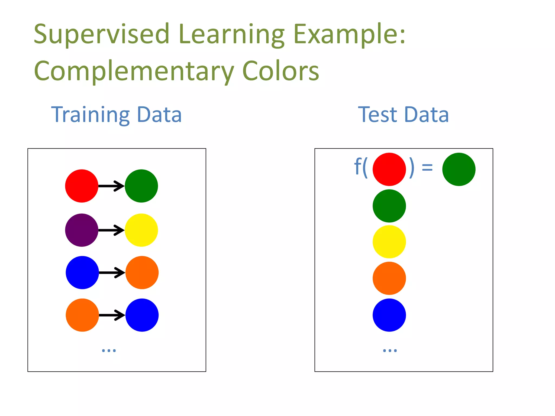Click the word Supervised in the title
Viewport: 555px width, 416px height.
click(101, 34)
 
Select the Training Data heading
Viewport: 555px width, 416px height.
click(116, 115)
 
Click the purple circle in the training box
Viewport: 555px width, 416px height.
click(82, 230)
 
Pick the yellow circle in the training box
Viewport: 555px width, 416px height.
click(141, 230)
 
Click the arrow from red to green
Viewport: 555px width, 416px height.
click(111, 186)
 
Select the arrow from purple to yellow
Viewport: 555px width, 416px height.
click(111, 230)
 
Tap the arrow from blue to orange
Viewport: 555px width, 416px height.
click(112, 272)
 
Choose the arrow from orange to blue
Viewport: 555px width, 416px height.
click(112, 315)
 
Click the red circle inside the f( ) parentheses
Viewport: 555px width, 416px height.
click(389, 169)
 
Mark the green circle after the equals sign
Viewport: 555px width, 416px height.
click(459, 169)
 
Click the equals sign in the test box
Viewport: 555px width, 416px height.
click(427, 168)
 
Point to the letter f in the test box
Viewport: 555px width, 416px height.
click(358, 167)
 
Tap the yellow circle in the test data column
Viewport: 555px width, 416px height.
click(389, 242)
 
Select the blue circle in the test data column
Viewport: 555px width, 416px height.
click(389, 315)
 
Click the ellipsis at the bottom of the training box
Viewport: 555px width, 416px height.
click(109, 350)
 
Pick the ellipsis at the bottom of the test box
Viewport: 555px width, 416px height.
click(390, 350)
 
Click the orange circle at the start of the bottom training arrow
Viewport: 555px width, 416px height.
click(82, 315)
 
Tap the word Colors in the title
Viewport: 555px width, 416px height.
click(281, 71)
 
